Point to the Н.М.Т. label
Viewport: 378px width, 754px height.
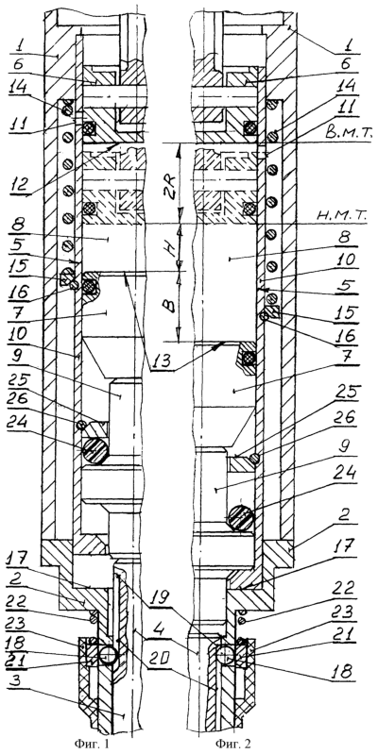(x=344, y=216)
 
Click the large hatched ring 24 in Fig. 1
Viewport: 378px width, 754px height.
(x=95, y=450)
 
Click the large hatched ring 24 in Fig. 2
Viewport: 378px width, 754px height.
(x=241, y=518)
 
